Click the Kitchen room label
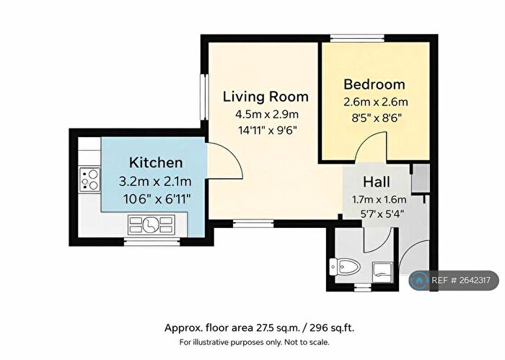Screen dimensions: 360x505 tap(155, 162)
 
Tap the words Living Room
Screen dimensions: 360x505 tap(265, 97)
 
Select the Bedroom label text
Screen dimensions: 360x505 tap(374, 84)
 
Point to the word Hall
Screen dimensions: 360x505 tap(377, 182)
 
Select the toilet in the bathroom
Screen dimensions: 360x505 tap(343, 268)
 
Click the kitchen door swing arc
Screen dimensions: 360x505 tap(225, 160)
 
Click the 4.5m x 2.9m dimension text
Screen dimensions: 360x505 tap(266, 114)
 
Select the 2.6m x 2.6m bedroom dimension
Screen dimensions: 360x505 tap(374, 101)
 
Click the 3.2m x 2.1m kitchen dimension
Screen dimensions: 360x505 tap(155, 180)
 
